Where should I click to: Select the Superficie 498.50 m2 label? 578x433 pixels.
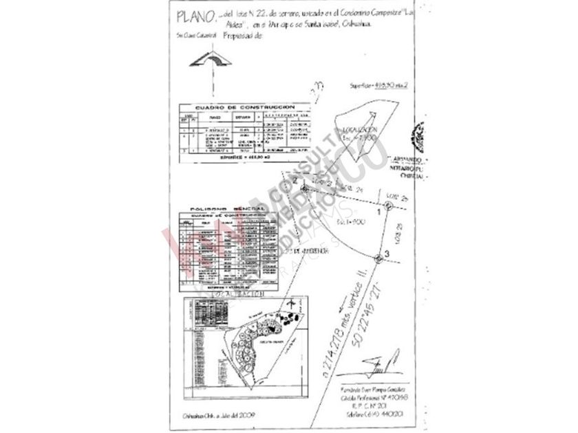point(378,85)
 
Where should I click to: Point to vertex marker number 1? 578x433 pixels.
point(388,205)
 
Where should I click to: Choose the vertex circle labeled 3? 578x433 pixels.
point(378,258)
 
